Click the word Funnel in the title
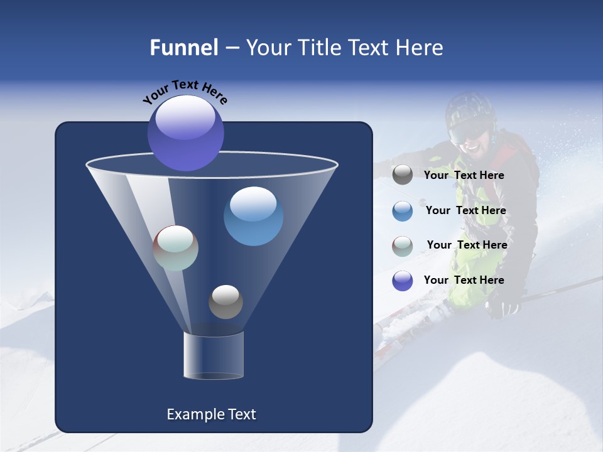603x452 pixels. [183, 48]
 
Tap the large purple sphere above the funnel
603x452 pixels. [186, 133]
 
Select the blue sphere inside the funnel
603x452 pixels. [253, 216]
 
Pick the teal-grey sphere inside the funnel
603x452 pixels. [176, 248]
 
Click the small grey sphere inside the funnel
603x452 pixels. [225, 301]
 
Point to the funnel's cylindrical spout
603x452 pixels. [214, 355]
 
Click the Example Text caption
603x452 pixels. [211, 414]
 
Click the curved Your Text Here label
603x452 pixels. [185, 92]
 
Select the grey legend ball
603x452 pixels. [403, 175]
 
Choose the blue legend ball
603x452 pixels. [403, 211]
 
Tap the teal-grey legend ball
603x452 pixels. [403, 245]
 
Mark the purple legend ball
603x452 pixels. [403, 281]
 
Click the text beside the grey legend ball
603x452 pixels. [464, 176]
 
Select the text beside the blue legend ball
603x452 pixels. [465, 211]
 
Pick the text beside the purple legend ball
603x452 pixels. [464, 280]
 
